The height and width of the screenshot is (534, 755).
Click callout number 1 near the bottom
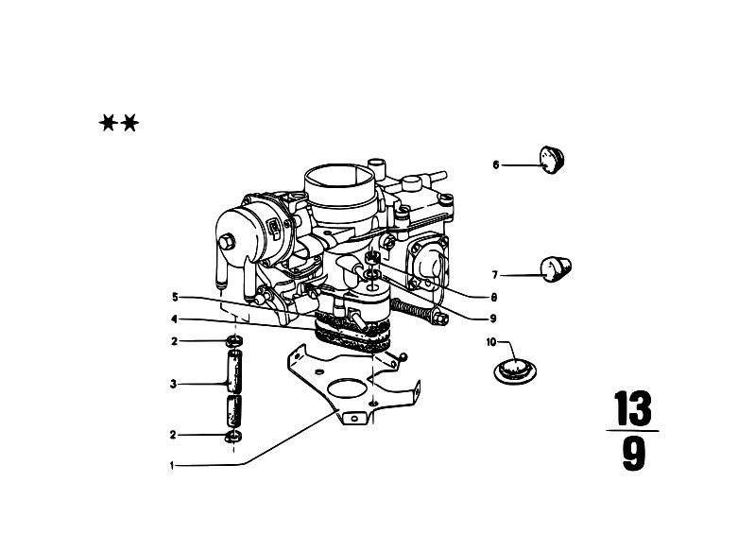pyautogui.click(x=172, y=466)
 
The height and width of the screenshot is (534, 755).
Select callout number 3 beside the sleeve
pyautogui.click(x=173, y=385)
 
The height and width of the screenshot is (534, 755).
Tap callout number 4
pyautogui.click(x=174, y=319)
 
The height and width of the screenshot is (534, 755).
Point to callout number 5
pyautogui.click(x=175, y=298)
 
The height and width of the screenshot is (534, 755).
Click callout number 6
pyautogui.click(x=496, y=165)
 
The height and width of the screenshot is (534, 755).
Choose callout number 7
pyautogui.click(x=494, y=275)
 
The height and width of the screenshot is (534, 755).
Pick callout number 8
pyautogui.click(x=493, y=298)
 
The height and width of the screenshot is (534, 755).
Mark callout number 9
pyautogui.click(x=492, y=319)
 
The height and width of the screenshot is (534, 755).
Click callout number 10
pyautogui.click(x=491, y=342)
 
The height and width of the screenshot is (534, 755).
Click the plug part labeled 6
pyautogui.click(x=552, y=160)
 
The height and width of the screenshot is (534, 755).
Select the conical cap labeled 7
pyautogui.click(x=556, y=269)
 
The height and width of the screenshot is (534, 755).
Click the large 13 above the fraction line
pyautogui.click(x=633, y=408)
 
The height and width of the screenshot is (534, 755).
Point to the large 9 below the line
pyautogui.click(x=634, y=454)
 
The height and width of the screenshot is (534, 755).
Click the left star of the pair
pyautogui.click(x=108, y=123)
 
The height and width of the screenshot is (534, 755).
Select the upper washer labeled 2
pyautogui.click(x=234, y=342)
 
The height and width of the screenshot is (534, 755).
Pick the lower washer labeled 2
pyautogui.click(x=234, y=437)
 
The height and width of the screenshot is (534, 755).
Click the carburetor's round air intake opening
pyautogui.click(x=339, y=177)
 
